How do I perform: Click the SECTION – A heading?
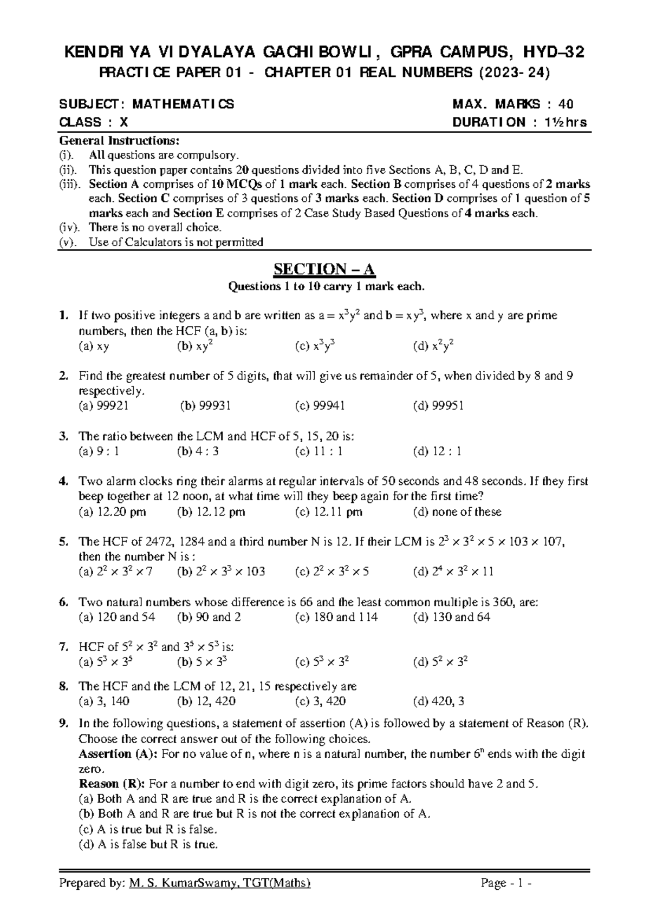pyautogui.click(x=324, y=269)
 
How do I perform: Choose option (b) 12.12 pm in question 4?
pyautogui.click(x=211, y=512)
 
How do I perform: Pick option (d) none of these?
pyautogui.click(x=457, y=512)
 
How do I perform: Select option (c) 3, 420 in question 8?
pyautogui.click(x=320, y=701)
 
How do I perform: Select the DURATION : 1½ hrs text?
pyautogui.click(x=519, y=122)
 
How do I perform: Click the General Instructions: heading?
pyautogui.click(x=119, y=141)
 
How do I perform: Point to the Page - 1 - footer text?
pyautogui.click(x=506, y=884)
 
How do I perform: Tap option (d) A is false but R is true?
pyautogui.click(x=148, y=844)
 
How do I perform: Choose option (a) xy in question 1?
pyautogui.click(x=94, y=346)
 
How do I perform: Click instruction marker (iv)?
pyautogui.click(x=69, y=227)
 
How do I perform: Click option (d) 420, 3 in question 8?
pyautogui.click(x=438, y=701)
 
